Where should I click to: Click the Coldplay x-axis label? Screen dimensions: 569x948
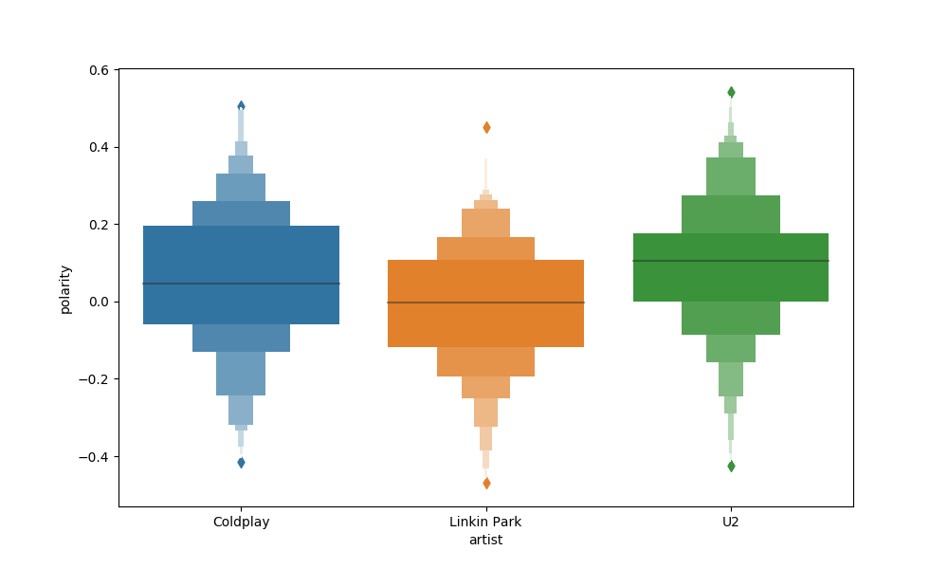[x=241, y=522]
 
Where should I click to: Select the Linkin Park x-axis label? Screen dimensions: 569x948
[x=485, y=522]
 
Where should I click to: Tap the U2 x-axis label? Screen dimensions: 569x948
[x=730, y=522]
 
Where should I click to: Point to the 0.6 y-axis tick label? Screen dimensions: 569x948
[x=99, y=70]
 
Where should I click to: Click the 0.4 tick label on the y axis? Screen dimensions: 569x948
[x=99, y=147]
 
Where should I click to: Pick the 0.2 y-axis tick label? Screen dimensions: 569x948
[x=99, y=225]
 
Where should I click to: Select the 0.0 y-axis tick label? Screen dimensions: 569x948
[x=99, y=302]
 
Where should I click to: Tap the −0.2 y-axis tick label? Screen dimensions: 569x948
[x=95, y=379]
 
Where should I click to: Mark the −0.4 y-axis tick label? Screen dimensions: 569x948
[x=95, y=457]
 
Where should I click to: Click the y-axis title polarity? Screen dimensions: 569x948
[x=65, y=289]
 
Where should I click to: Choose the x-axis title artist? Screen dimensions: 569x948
[x=485, y=541]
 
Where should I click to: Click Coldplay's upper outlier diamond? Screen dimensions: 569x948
[x=241, y=106]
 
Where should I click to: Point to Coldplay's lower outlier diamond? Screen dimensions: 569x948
[x=241, y=463]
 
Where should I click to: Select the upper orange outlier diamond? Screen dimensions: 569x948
[x=486, y=127]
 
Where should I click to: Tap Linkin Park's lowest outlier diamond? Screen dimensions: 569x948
[x=486, y=483]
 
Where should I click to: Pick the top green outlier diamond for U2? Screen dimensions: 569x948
[x=731, y=92]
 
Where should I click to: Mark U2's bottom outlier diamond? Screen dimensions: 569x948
[x=731, y=466]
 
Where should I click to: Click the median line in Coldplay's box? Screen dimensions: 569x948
[x=241, y=284]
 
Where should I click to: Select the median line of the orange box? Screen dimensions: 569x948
[x=485, y=303]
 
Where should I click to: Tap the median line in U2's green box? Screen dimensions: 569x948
[x=730, y=261]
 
